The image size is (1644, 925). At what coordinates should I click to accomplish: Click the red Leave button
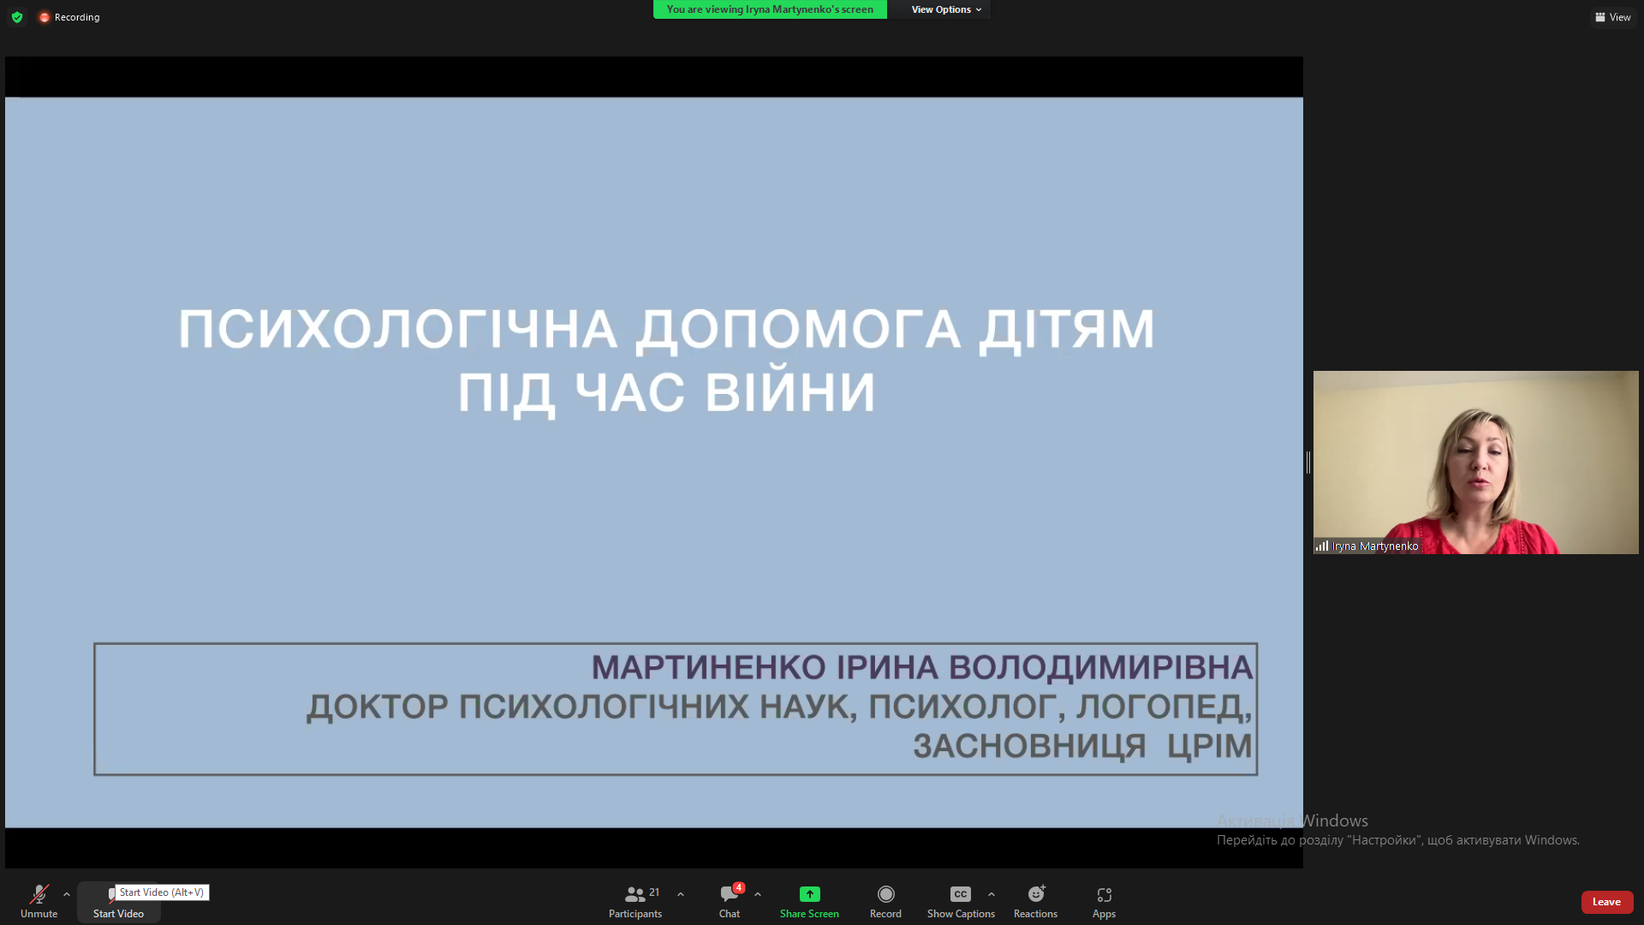(x=1606, y=902)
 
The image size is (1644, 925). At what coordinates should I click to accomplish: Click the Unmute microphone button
(x=39, y=901)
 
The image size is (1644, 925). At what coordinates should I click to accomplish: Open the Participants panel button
(x=635, y=901)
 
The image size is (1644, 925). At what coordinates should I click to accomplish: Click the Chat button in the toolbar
(x=730, y=901)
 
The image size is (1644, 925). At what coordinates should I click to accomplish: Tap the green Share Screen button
(x=809, y=901)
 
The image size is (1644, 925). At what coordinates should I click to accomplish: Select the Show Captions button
(x=961, y=901)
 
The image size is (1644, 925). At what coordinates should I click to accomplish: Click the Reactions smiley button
(x=1035, y=901)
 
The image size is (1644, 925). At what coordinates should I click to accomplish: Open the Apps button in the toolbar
(x=1104, y=901)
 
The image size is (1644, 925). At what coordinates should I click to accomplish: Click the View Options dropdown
(x=946, y=9)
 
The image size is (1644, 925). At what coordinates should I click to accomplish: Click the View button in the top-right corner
(x=1613, y=17)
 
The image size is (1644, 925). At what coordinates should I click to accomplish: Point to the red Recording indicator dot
(x=45, y=17)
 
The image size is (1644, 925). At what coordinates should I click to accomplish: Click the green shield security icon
(x=17, y=17)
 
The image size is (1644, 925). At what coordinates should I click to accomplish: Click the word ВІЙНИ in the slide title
(x=790, y=392)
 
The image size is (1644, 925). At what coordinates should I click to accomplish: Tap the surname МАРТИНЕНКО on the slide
(x=708, y=667)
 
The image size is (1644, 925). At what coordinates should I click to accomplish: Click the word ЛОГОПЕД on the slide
(x=1164, y=707)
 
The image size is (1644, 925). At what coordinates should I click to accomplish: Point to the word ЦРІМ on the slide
(x=1209, y=746)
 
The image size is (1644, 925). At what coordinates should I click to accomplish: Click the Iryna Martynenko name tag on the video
(x=1374, y=546)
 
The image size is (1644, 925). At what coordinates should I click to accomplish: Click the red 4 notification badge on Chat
(x=738, y=887)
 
